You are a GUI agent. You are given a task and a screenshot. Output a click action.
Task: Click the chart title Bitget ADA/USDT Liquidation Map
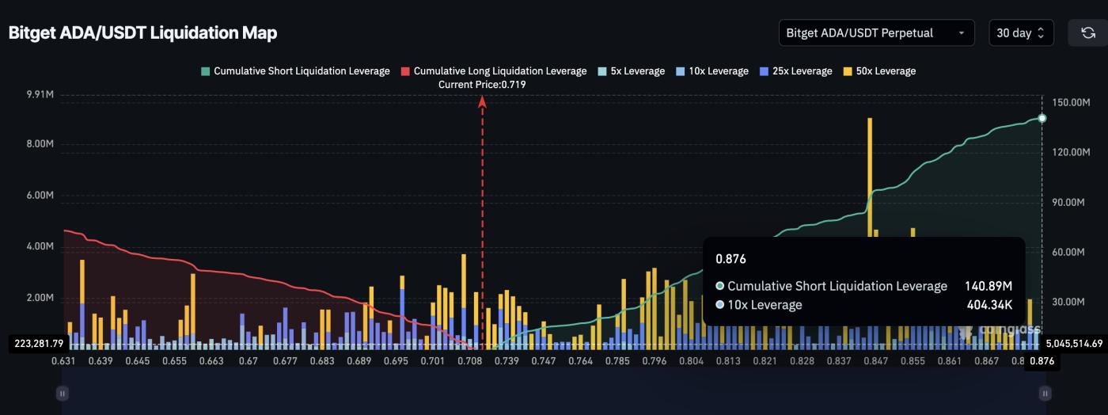click(142, 33)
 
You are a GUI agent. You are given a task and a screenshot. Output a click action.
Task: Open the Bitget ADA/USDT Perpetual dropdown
click(876, 33)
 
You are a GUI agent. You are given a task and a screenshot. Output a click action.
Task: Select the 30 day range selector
click(1020, 33)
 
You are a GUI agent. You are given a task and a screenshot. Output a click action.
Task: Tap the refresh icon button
click(1087, 33)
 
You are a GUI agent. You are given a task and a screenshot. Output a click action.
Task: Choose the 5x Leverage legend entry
click(632, 71)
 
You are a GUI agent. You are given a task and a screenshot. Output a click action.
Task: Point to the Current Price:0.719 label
click(482, 84)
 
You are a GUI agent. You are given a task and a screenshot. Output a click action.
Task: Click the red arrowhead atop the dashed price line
click(482, 100)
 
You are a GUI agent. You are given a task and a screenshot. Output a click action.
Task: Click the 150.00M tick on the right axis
click(1072, 103)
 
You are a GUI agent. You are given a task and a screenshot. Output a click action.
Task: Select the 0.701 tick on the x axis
click(432, 361)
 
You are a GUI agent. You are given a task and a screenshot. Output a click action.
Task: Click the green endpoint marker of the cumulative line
click(1042, 118)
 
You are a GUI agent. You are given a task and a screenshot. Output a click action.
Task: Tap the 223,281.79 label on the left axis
click(39, 344)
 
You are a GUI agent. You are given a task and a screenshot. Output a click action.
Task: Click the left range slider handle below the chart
click(63, 393)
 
